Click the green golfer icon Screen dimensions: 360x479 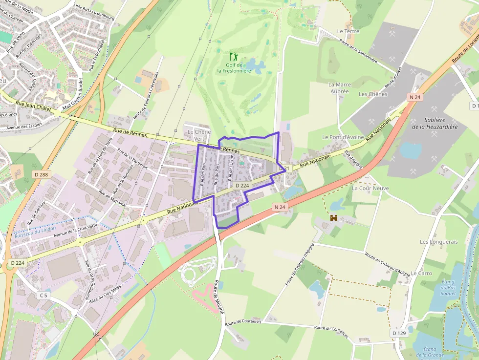point(234,57)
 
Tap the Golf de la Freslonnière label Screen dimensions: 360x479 point(234,68)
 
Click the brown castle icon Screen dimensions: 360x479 point(334,218)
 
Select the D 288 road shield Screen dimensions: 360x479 point(42,174)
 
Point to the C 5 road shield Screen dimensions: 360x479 point(44,296)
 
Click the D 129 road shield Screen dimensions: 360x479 point(399,333)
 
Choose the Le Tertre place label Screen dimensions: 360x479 point(348,31)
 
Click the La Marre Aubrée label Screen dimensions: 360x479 point(339,88)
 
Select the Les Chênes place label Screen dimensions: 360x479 point(373,94)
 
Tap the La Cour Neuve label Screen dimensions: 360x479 point(370,188)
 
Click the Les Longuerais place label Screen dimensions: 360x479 point(438,242)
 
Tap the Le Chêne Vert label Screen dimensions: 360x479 point(199,135)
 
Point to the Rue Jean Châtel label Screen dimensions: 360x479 point(34,105)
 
